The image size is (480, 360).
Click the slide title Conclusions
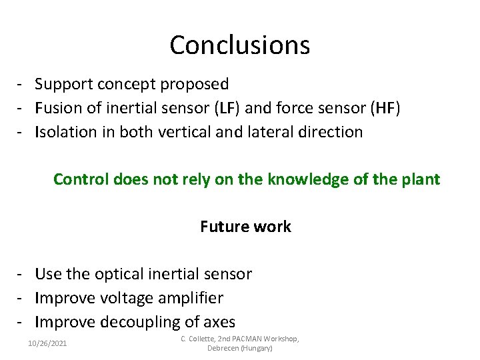pos(239,45)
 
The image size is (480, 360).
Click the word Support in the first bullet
pos(64,84)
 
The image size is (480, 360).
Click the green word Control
pos(80,179)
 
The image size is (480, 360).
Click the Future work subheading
pos(245,227)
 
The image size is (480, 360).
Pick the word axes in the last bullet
pos(219,323)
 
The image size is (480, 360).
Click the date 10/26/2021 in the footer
pos(47,343)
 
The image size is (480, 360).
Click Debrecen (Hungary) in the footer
pos(240,349)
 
